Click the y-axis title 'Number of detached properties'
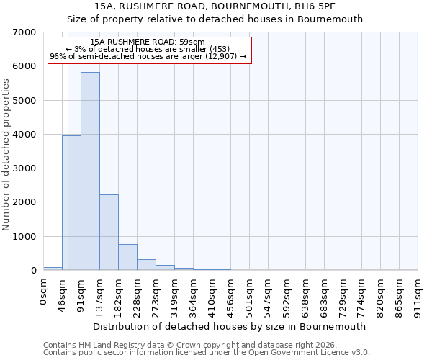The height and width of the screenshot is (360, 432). tap(6, 155)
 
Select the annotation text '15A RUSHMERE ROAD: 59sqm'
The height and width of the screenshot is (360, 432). tap(149, 42)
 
